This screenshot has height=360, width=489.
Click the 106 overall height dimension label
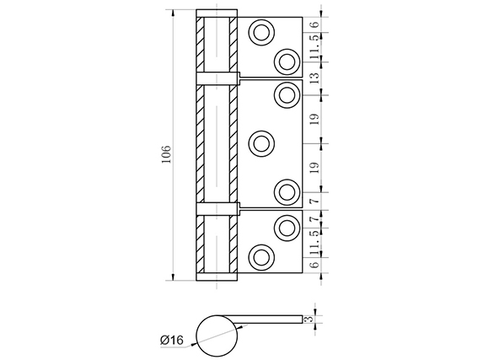point(167,153)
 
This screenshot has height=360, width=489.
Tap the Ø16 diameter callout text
point(172,340)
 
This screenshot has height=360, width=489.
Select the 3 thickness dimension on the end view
point(309,320)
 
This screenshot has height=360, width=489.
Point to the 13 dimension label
point(315,78)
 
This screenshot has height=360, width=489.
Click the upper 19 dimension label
point(315,120)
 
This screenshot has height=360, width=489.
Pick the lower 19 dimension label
point(315,168)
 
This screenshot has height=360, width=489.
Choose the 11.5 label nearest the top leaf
point(315,47)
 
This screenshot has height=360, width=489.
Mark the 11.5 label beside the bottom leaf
point(315,243)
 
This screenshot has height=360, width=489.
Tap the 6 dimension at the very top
point(315,24)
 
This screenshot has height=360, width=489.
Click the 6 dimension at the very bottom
point(315,265)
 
